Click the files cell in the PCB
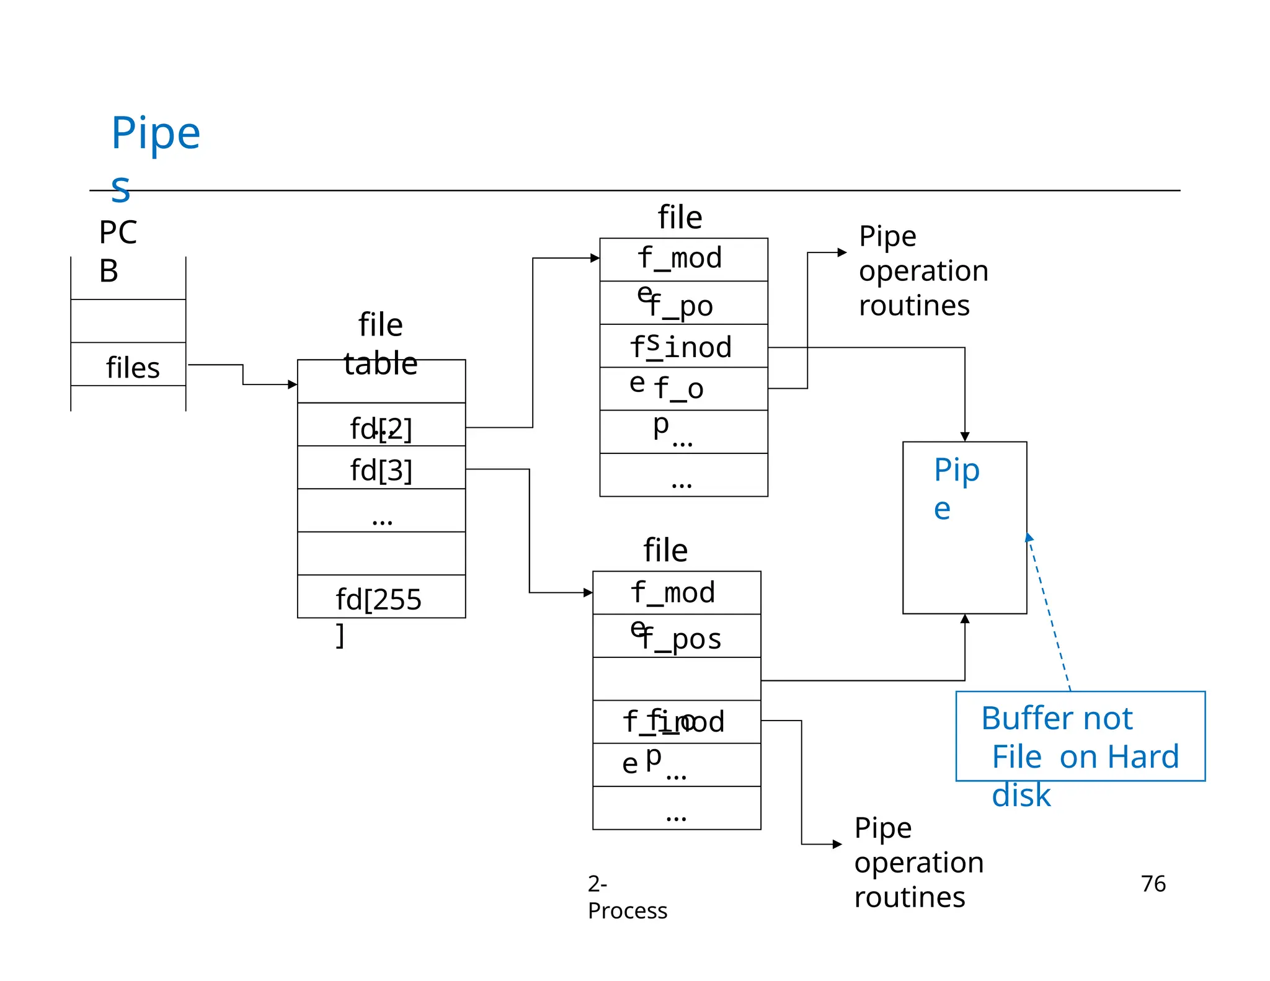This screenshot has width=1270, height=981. tap(132, 367)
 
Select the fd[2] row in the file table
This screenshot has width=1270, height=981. tap(381, 428)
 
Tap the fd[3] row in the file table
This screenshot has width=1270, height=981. tap(381, 469)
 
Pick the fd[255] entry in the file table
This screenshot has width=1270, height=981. tap(378, 599)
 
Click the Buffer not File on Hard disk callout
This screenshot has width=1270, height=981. tap(1080, 737)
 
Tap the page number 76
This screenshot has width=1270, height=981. tap(1153, 883)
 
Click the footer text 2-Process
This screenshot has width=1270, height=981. tap(626, 897)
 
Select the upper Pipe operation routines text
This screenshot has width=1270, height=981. tap(923, 270)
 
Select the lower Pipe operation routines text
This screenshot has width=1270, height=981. tap(918, 862)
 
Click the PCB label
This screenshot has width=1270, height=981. tap(117, 251)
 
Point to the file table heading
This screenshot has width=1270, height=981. tap(380, 344)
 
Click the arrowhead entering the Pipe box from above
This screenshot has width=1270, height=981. tap(964, 437)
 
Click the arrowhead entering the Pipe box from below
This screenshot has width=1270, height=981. tap(964, 619)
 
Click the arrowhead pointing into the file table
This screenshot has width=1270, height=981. tap(293, 384)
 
